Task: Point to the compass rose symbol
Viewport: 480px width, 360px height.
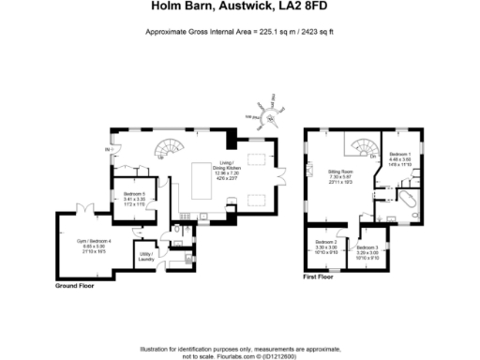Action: [x=268, y=114]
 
